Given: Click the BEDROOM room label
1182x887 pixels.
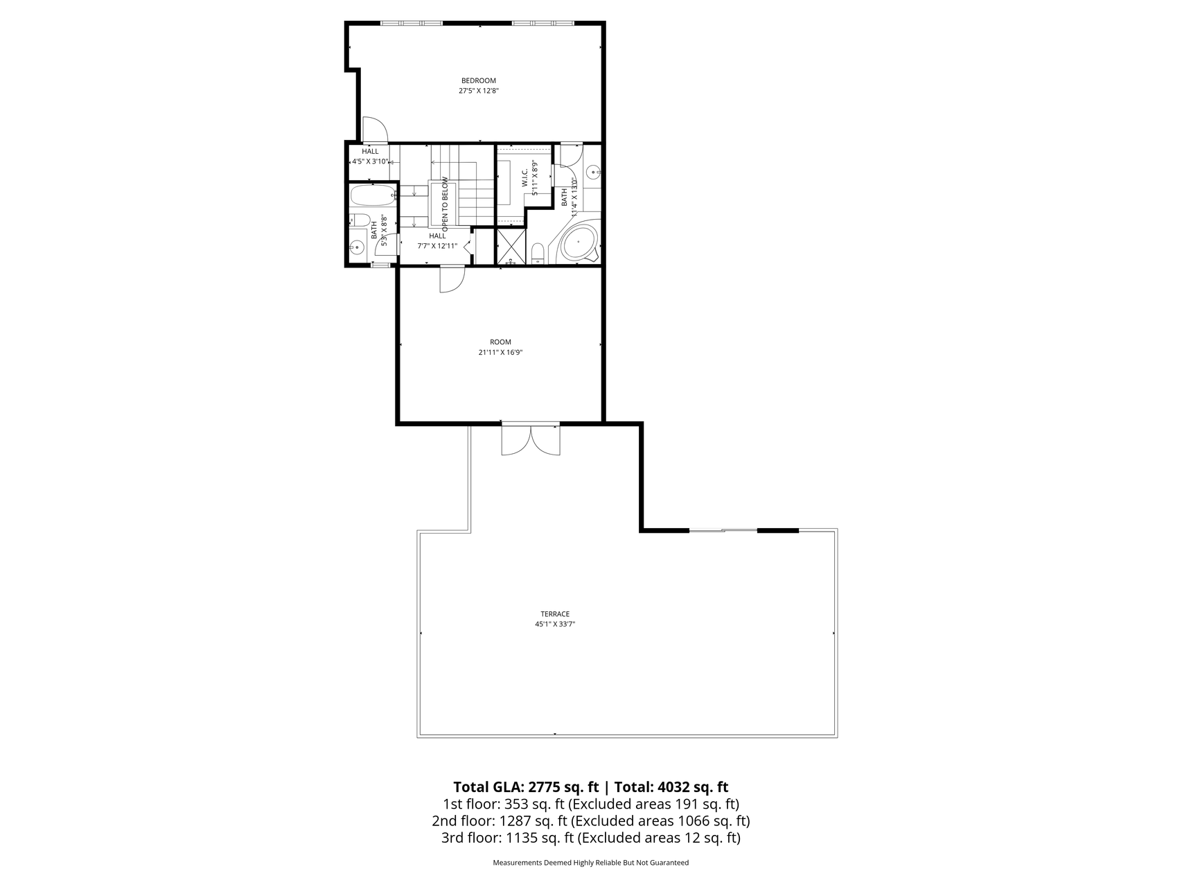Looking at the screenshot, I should [x=479, y=80].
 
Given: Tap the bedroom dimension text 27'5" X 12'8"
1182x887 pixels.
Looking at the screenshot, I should [x=479, y=91].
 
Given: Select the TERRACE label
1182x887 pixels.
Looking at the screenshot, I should [x=555, y=614].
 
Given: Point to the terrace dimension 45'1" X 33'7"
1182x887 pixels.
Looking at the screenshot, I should [x=555, y=624].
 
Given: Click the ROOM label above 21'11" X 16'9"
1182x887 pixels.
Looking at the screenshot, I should [x=500, y=342].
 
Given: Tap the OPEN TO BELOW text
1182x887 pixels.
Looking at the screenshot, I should [x=445, y=204].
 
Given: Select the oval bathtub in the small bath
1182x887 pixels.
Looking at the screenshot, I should [x=372, y=195].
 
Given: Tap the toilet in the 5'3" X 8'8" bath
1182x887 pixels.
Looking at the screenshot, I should [x=359, y=220].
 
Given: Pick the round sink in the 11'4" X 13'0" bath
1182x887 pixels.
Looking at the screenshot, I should [x=593, y=172].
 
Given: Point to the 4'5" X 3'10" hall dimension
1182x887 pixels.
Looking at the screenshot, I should [x=370, y=161].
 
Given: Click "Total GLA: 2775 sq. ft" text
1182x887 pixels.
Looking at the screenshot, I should [x=526, y=787].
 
